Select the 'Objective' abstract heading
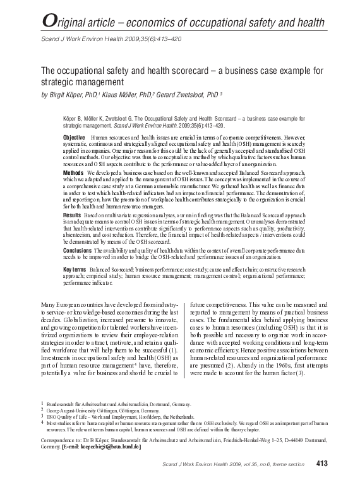74,138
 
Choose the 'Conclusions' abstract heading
78,250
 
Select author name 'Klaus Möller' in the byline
126,95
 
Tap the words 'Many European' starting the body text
59,305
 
